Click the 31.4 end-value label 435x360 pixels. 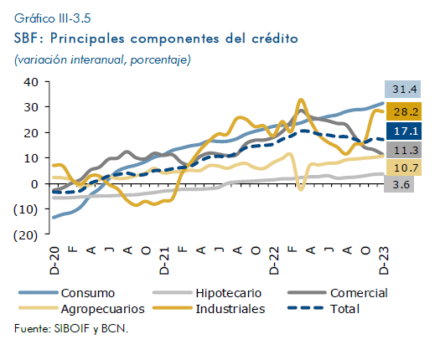tap(402, 89)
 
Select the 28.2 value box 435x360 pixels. tap(404, 111)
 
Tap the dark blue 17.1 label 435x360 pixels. tap(404, 131)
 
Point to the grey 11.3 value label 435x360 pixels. tap(404, 151)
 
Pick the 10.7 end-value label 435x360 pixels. tap(404, 167)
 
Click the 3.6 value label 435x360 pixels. tap(399, 184)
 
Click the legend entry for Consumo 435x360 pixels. tap(66, 293)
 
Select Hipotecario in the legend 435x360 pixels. tap(207, 293)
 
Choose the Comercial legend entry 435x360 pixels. tap(338, 293)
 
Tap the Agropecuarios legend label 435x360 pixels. tap(81, 309)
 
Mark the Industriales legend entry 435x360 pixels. tap(209, 309)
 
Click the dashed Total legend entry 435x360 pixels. tap(324, 309)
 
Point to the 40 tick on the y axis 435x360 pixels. tap(31, 82)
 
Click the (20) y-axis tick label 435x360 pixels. tap(25, 235)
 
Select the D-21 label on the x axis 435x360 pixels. tap(164, 260)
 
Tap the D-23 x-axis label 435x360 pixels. tap(384, 260)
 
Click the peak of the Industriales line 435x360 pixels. tap(301, 100)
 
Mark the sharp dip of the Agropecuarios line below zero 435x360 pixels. tap(301, 190)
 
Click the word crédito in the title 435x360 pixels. tap(275, 39)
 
